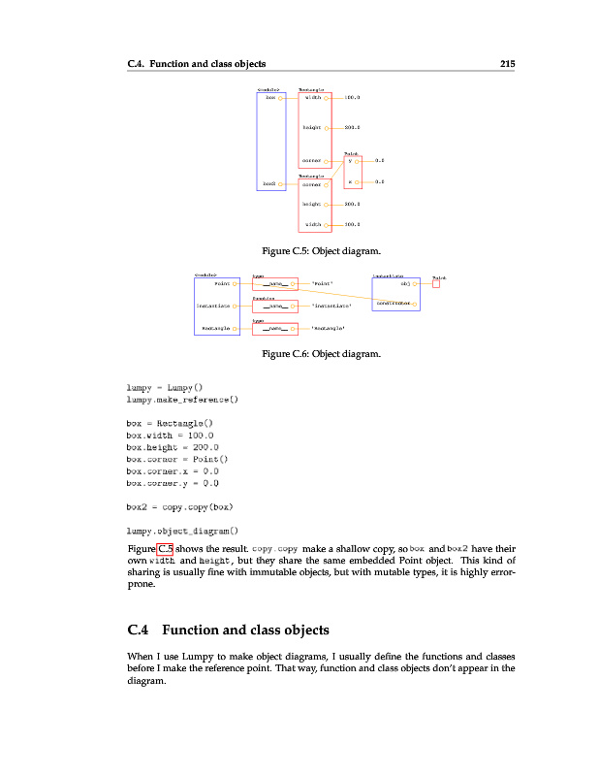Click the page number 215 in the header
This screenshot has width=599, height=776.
[x=506, y=64]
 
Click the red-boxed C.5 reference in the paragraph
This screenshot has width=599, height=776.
[x=165, y=549]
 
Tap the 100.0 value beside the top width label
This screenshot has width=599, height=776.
[x=352, y=98]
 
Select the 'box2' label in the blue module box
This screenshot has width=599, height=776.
[x=269, y=182]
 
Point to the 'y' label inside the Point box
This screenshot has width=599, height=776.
[x=350, y=161]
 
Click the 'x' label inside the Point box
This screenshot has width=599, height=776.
[x=350, y=181]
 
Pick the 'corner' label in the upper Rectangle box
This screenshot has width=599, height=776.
[x=311, y=161]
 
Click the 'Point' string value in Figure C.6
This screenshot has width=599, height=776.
[x=322, y=284]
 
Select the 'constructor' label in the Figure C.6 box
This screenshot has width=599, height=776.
[x=394, y=302]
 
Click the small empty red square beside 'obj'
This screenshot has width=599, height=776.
[x=436, y=284]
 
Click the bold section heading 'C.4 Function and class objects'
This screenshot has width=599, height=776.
[x=229, y=630]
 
